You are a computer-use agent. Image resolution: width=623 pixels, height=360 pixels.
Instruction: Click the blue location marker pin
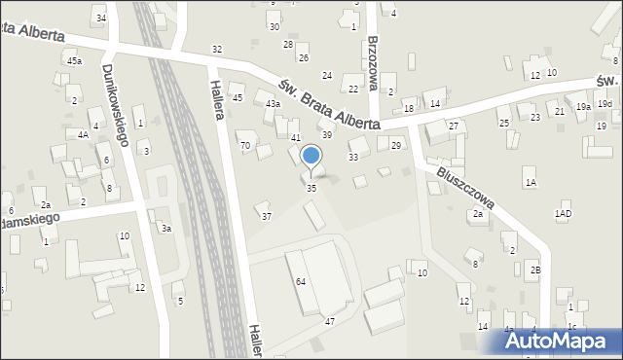311,157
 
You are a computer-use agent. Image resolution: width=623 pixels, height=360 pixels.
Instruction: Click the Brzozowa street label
373,63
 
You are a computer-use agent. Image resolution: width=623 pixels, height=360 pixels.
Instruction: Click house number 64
301,281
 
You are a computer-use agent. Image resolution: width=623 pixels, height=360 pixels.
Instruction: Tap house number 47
330,321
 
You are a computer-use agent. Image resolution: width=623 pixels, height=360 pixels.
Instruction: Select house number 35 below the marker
311,188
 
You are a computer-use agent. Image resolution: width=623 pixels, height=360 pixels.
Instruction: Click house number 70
245,146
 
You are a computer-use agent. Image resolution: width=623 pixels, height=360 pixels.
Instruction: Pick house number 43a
274,104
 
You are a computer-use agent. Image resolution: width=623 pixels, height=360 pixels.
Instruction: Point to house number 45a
74,60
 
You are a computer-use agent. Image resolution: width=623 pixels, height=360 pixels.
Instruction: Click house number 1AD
563,213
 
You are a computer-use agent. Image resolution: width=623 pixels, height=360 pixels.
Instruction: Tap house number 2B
534,269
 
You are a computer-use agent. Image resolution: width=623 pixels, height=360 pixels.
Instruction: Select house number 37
267,216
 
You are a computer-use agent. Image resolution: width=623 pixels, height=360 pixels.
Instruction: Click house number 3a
166,229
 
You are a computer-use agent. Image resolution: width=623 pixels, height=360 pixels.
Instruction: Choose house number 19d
605,104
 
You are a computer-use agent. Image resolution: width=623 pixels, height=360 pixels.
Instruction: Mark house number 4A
84,135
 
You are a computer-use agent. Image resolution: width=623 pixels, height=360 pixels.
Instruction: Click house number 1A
531,183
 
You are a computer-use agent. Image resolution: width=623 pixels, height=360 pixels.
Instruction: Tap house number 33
353,157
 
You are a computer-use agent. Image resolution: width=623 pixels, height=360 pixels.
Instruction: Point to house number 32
217,50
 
